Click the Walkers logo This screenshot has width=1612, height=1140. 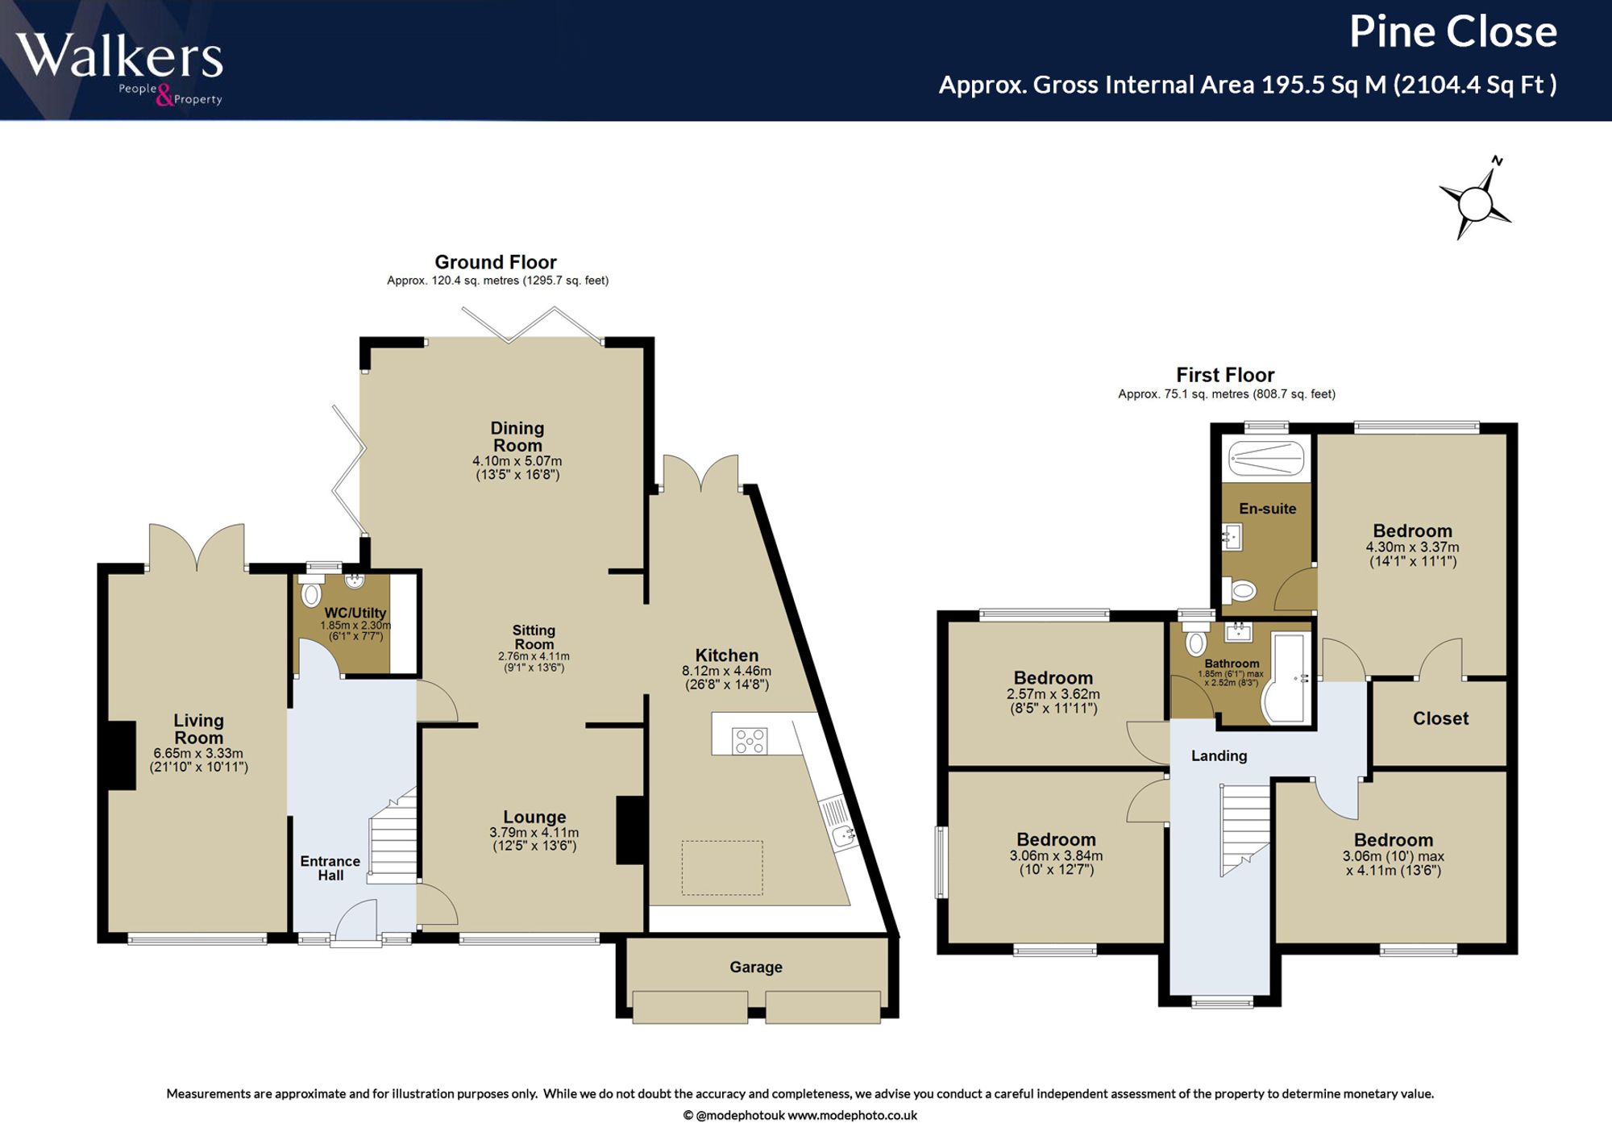[x=119, y=68]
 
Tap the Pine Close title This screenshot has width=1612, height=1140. [x=1452, y=32]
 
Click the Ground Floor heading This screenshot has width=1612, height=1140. [x=496, y=262]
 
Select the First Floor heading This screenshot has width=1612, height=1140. [x=1225, y=375]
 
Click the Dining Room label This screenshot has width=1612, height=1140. [x=517, y=437]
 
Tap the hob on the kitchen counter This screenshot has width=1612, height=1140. [x=750, y=741]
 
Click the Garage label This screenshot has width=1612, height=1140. [x=756, y=967]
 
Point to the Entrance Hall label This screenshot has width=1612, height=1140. [x=330, y=868]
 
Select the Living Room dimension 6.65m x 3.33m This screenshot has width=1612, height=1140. [x=198, y=754]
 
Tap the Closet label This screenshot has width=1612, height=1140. [x=1440, y=718]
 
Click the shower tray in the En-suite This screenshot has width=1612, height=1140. [x=1266, y=459]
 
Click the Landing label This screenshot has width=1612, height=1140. [x=1219, y=755]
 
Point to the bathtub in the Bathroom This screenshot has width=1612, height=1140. [x=1285, y=677]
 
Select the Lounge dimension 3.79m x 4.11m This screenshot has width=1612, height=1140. [x=534, y=833]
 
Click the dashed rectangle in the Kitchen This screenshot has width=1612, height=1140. [x=722, y=867]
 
